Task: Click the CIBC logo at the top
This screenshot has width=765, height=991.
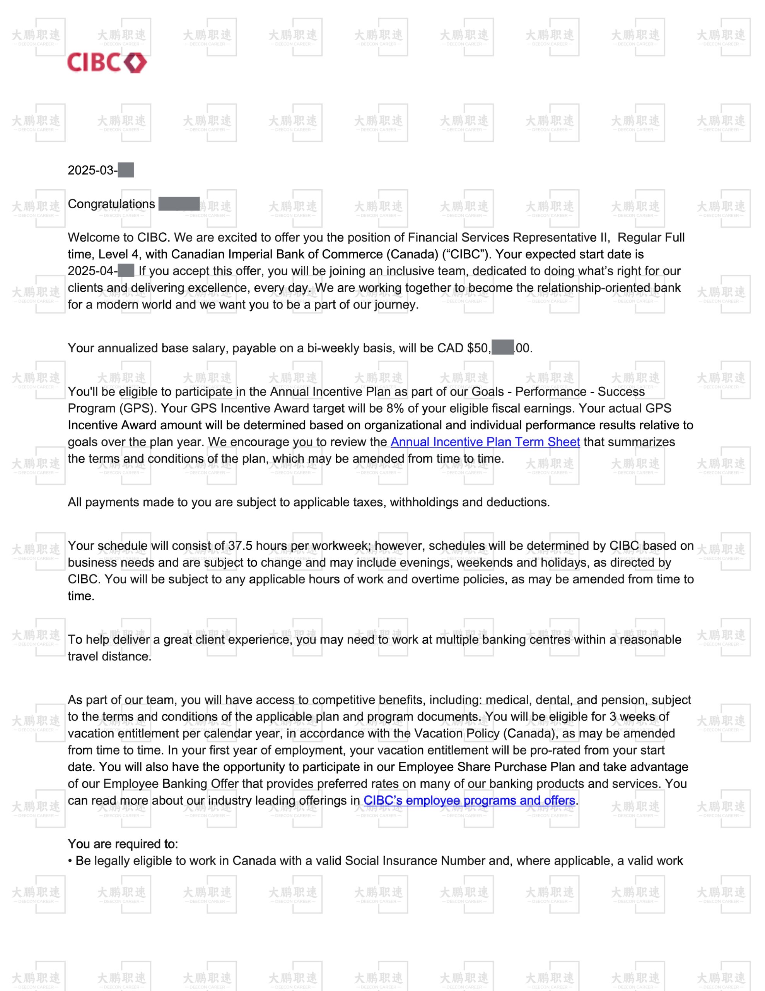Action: pyautogui.click(x=107, y=62)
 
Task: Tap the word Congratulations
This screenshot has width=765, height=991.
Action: pyautogui.click(x=111, y=204)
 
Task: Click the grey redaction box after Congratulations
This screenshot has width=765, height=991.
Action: pyautogui.click(x=179, y=204)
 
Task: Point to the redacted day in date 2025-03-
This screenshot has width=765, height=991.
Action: pyautogui.click(x=126, y=170)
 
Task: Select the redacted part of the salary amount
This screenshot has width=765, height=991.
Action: pyautogui.click(x=502, y=348)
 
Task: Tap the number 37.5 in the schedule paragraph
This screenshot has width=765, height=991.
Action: pyautogui.click(x=240, y=545)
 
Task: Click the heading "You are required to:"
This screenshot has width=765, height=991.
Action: pyautogui.click(x=123, y=844)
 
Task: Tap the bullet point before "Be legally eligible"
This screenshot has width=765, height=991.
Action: pyautogui.click(x=70, y=861)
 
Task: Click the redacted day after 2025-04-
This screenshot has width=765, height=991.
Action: pyautogui.click(x=126, y=271)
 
